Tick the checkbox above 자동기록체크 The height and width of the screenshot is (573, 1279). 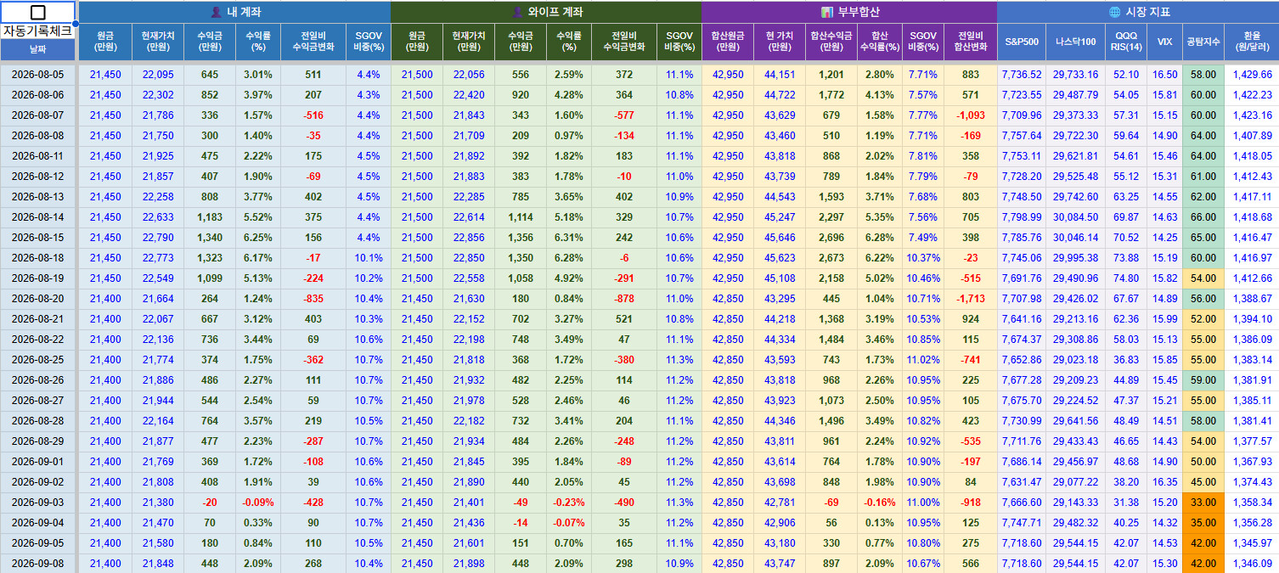37,12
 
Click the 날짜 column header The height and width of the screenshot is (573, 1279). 37,49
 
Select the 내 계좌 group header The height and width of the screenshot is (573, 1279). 235,12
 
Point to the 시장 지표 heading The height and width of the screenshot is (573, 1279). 1139,12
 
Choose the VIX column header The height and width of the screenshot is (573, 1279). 1164,42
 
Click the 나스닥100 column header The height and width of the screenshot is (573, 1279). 1076,42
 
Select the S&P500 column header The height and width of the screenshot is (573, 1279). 1022,42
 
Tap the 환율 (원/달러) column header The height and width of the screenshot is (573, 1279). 1252,42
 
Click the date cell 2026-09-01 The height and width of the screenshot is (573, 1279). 37,462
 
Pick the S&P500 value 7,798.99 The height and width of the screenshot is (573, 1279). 1022,217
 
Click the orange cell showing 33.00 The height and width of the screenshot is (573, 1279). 1203,503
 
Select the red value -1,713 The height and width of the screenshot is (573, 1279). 970,299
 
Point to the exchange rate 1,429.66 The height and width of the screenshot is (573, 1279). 1252,75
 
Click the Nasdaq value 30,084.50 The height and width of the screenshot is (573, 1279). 1076,217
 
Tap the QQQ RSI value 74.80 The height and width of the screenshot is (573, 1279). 1126,278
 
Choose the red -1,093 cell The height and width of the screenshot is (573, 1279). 970,115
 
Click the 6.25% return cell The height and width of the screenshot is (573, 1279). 258,238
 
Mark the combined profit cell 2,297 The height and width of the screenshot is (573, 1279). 831,217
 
